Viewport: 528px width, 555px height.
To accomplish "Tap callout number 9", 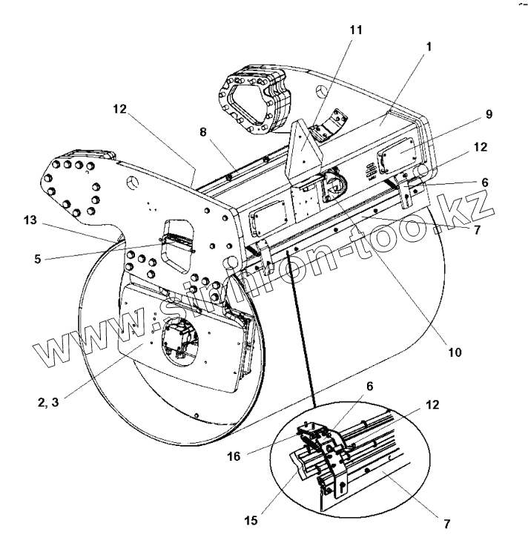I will pos(489,114).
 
